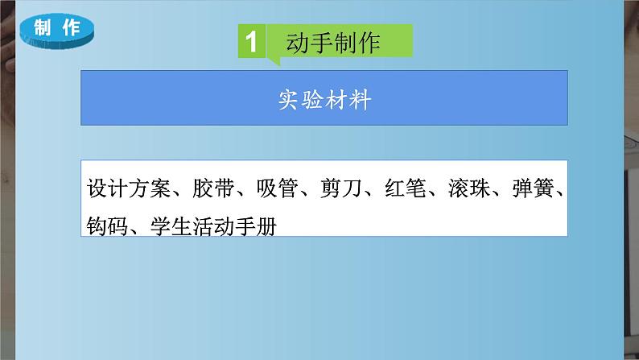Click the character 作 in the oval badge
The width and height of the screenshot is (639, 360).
coord(72,27)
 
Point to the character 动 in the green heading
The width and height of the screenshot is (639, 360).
coord(299,42)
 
